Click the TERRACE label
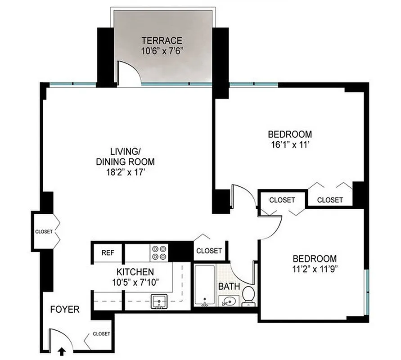click(x=162, y=40)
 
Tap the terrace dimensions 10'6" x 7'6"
click(x=162, y=51)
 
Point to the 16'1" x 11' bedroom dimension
click(x=290, y=145)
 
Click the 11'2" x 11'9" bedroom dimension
click(x=315, y=270)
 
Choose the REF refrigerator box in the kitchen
click(x=108, y=253)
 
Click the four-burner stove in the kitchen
click(x=159, y=253)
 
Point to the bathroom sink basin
click(x=227, y=301)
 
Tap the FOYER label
click(x=65, y=310)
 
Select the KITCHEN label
click(x=135, y=272)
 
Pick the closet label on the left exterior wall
click(x=44, y=232)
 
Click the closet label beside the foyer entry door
click(x=101, y=334)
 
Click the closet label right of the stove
click(x=209, y=251)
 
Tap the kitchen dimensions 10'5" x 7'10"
click(x=135, y=282)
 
